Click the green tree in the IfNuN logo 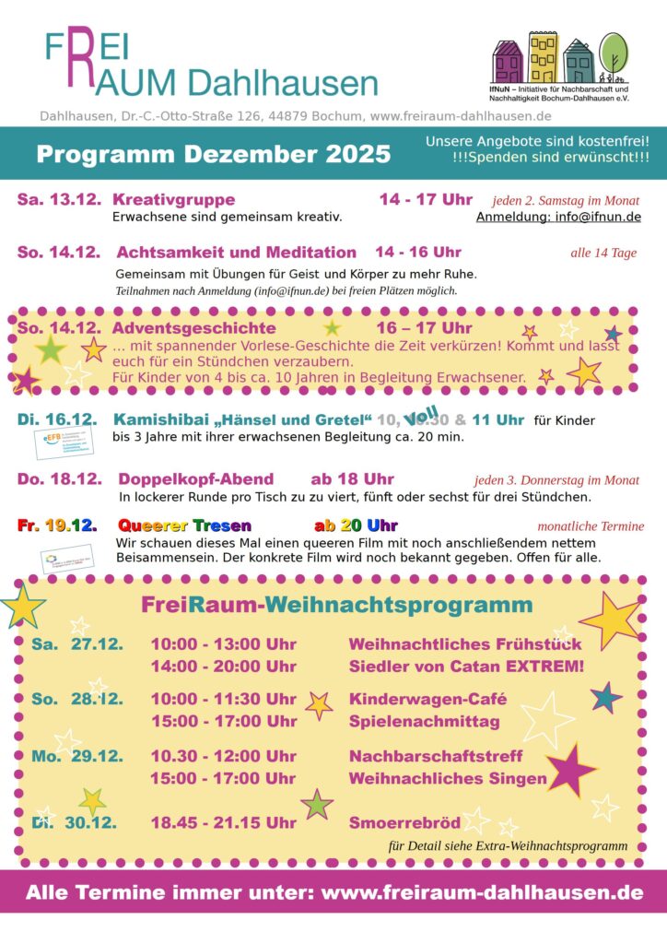pos(614,51)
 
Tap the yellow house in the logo pos(543,57)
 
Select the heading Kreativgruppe pos(173,199)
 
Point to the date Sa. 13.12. pos(58,199)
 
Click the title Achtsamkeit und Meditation pos(236,252)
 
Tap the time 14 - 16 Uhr pos(418,252)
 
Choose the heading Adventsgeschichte pos(193,327)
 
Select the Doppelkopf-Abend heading pos(195,478)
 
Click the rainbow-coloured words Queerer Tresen pos(184,525)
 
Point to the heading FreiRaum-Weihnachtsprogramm pos(336,605)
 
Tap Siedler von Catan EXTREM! pos(466,666)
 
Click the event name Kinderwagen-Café pos(427,699)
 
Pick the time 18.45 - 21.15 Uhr pos(223,822)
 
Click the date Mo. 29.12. pos(77,756)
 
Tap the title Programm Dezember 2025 pos(213,153)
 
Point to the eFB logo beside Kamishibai pos(59,442)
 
